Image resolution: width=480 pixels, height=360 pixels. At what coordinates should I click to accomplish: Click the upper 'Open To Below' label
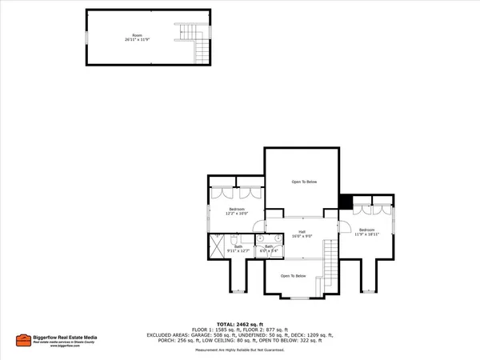(x=304, y=182)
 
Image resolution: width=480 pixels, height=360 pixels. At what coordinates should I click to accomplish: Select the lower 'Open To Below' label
(x=293, y=276)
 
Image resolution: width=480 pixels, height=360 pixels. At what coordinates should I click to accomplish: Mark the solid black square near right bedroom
(x=346, y=202)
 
